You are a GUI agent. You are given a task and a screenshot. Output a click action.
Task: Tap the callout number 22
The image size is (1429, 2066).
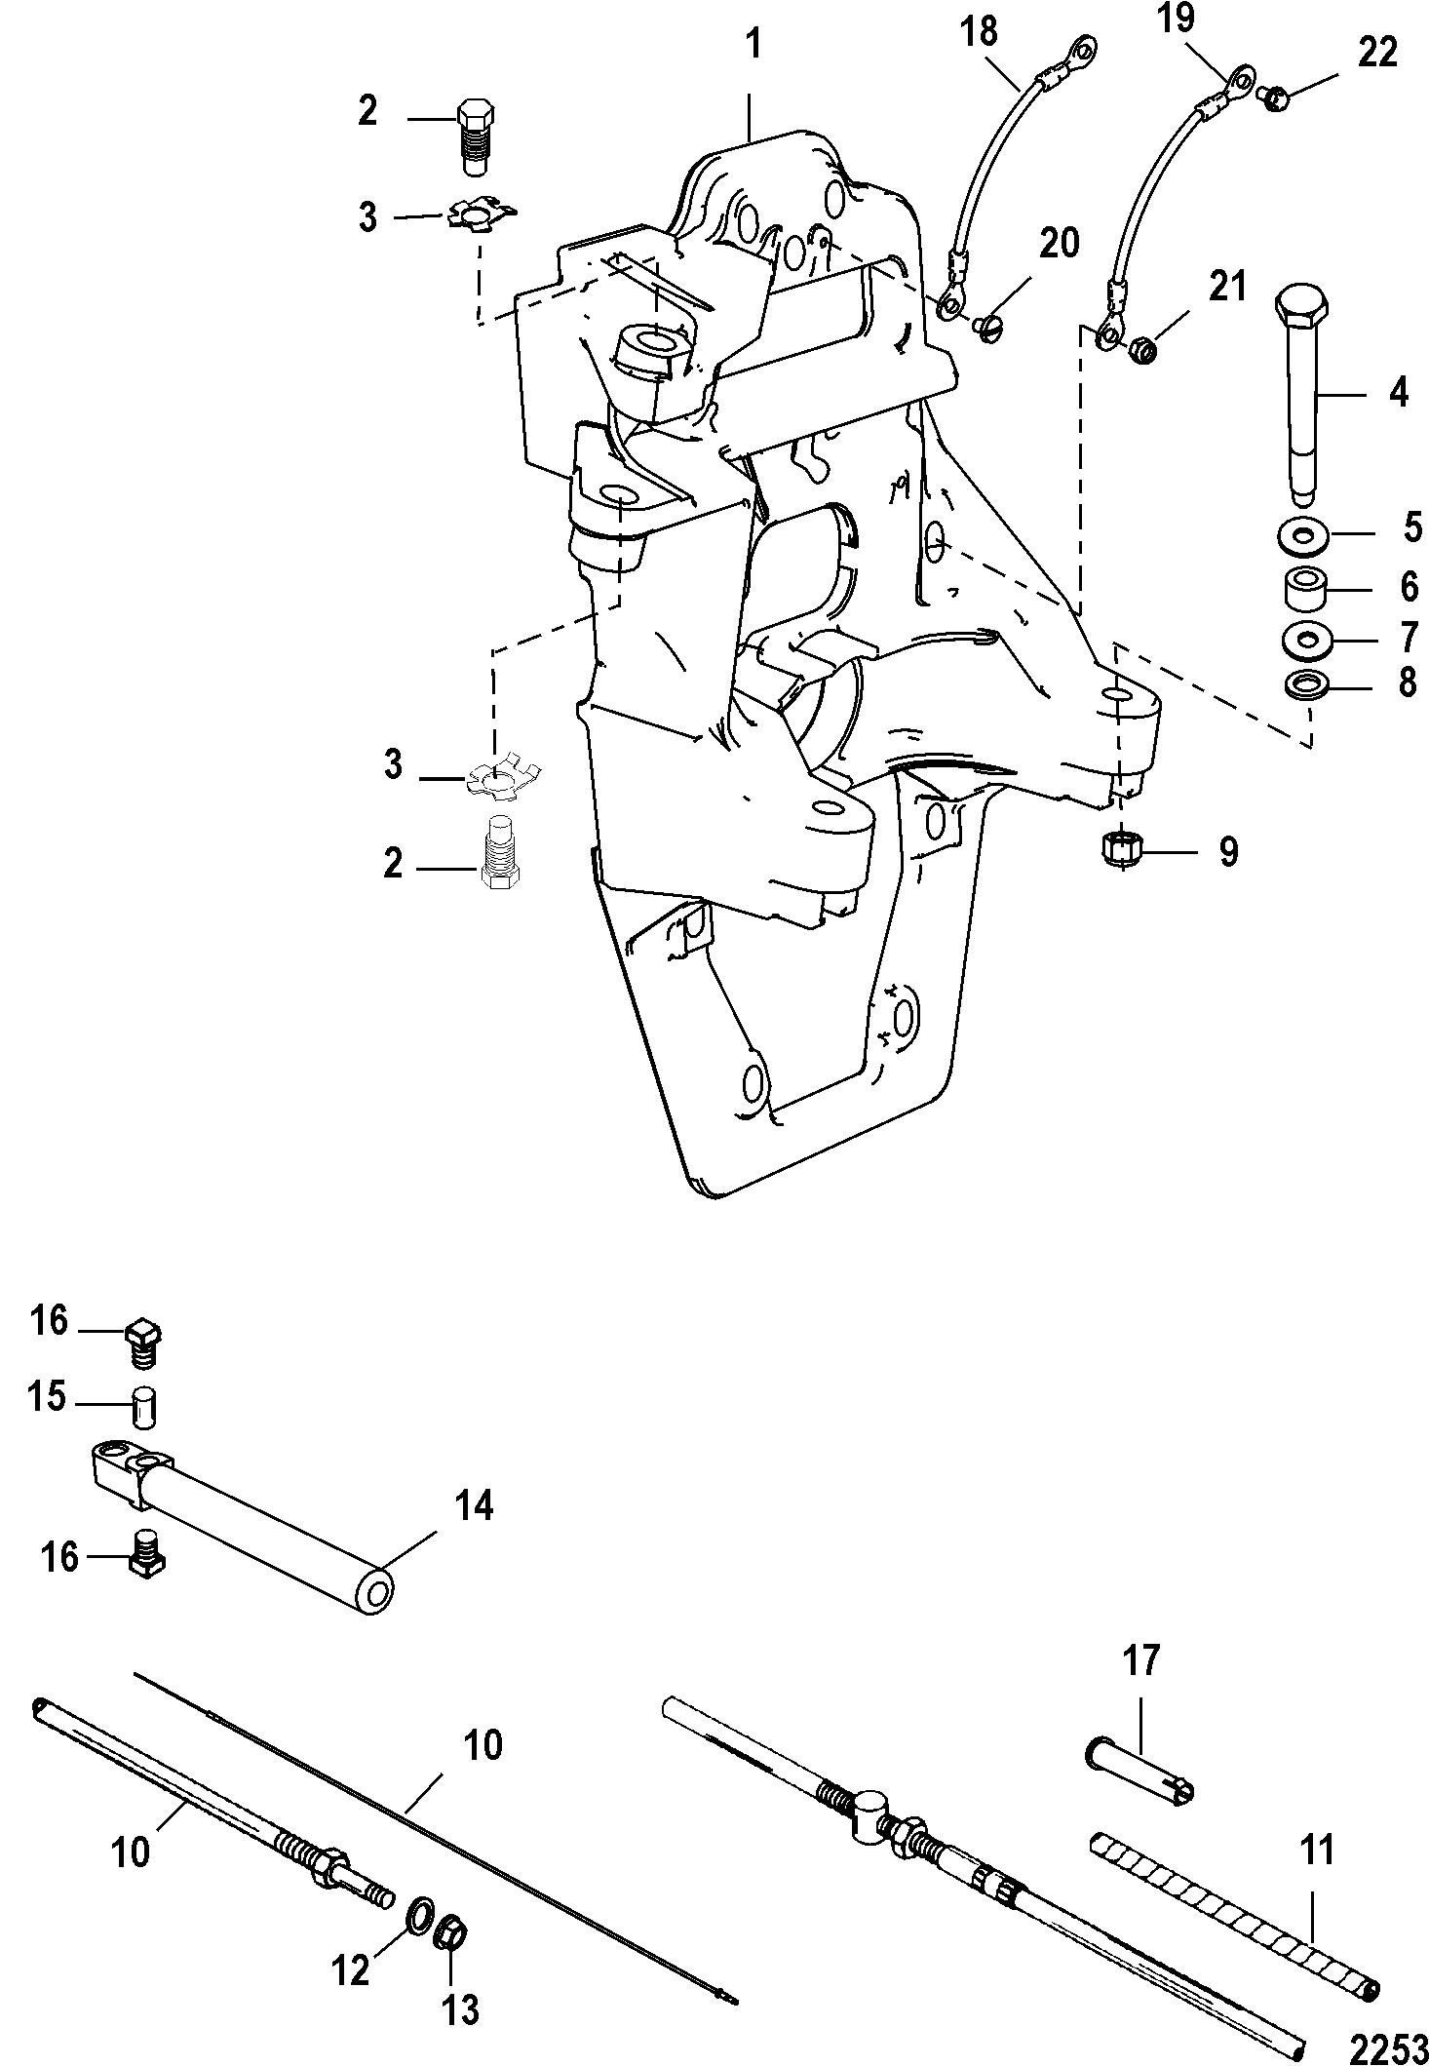coord(1376,54)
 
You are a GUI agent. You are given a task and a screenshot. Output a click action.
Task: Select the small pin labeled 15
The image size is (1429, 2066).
coord(144,1407)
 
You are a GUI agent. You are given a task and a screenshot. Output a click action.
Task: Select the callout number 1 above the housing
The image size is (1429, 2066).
coord(753,45)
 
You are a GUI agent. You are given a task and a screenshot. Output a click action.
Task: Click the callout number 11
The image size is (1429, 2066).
coord(1318,1849)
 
